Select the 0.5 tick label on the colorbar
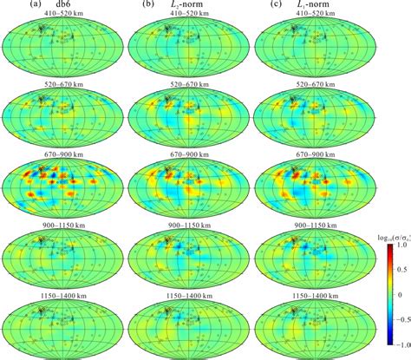[x=389, y=275]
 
